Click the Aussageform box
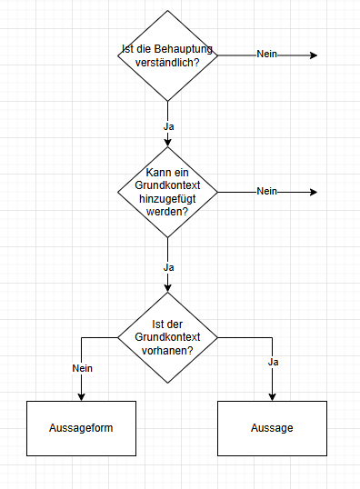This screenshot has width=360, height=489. (x=82, y=427)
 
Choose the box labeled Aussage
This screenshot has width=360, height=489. (x=272, y=427)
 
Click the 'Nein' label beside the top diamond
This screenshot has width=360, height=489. (x=266, y=55)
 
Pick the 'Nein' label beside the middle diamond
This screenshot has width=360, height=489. (x=266, y=191)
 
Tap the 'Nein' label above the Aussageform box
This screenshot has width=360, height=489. (x=82, y=368)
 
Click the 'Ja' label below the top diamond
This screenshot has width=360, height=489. (x=168, y=126)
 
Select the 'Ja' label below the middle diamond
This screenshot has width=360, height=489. (x=168, y=267)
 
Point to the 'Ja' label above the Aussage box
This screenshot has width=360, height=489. (x=272, y=362)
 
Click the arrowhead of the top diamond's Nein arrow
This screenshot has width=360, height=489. (x=313, y=55)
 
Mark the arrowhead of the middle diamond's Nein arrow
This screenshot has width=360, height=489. (x=313, y=192)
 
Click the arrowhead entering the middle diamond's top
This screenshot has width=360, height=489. (x=167, y=142)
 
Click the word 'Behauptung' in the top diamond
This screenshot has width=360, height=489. (x=185, y=49)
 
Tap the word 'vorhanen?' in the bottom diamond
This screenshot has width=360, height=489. (x=168, y=350)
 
